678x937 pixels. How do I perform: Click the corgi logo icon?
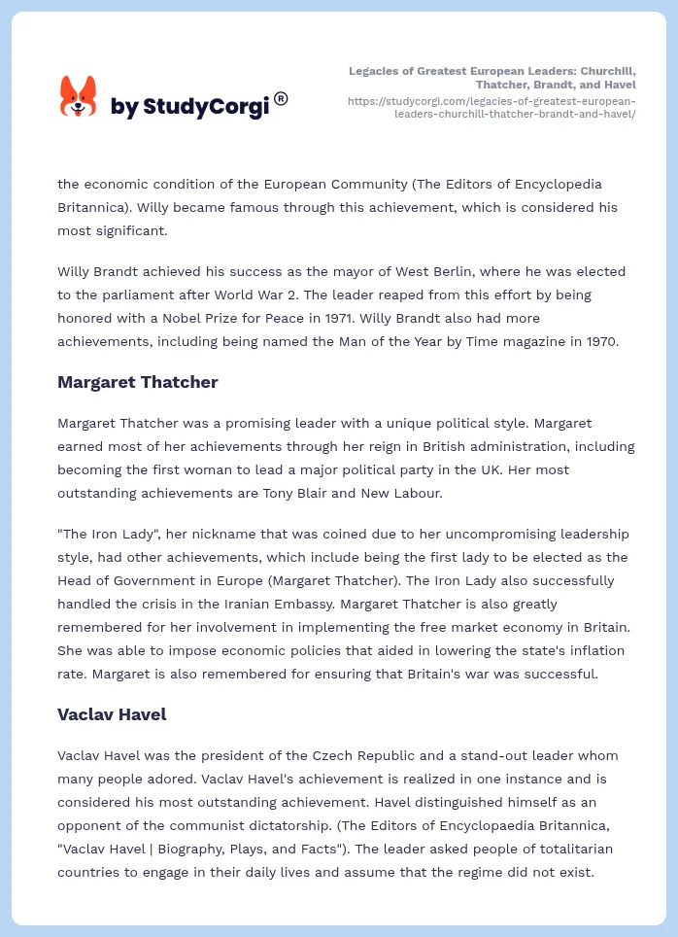click(x=79, y=96)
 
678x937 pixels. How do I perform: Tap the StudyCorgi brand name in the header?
click(x=189, y=106)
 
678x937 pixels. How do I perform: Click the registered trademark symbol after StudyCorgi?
click(x=281, y=98)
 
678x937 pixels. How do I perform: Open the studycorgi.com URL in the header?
click(x=492, y=107)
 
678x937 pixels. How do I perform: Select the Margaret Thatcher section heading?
click(x=137, y=382)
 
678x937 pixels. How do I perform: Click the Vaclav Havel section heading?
click(x=112, y=714)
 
